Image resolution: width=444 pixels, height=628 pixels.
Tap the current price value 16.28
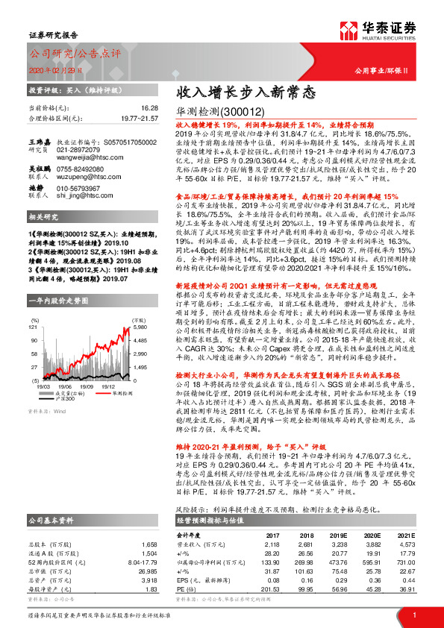(x=149, y=108)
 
